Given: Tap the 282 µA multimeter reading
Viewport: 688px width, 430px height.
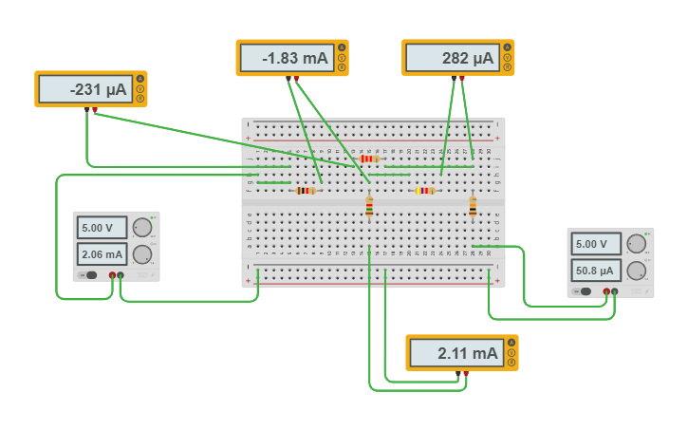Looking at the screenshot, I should [451, 58].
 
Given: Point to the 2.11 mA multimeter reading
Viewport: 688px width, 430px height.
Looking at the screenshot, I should [455, 353].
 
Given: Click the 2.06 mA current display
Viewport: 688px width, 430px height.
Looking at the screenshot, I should [102, 254].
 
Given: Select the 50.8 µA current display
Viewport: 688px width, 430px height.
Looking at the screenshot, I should [596, 270].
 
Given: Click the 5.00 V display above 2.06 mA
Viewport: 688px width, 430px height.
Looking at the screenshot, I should [102, 228].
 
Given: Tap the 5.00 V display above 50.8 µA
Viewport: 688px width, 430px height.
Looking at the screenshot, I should [596, 244].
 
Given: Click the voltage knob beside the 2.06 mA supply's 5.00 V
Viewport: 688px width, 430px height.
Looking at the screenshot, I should [142, 227].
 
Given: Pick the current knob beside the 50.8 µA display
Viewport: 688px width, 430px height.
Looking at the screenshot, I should [637, 270].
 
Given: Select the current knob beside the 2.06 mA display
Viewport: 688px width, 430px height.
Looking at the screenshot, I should [142, 253].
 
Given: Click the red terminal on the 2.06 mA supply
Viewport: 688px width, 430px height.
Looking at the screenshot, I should [112, 275].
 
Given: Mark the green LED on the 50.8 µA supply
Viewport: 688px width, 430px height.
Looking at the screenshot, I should [645, 234].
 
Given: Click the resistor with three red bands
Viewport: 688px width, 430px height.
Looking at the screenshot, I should [369, 159].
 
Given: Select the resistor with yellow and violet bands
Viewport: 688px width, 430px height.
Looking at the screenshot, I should [424, 190].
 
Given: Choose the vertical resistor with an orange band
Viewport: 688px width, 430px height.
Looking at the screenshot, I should [369, 207].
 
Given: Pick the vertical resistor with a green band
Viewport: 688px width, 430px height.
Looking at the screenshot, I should [473, 207].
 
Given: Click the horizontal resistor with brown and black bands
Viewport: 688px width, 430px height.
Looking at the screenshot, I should [305, 190].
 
